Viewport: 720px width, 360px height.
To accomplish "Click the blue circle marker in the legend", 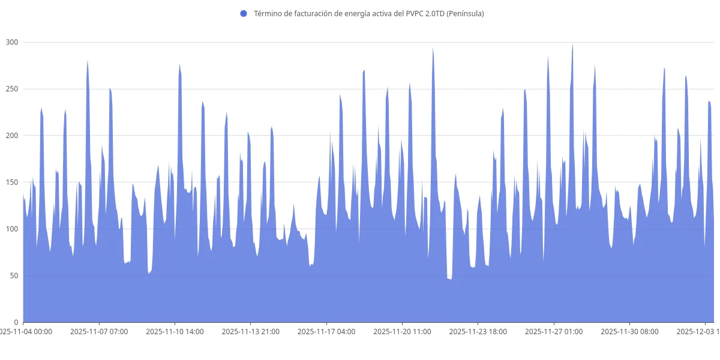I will (243, 13).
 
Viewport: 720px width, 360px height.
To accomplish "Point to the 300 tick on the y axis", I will (12, 42).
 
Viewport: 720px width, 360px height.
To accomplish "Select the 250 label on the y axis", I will (12, 89).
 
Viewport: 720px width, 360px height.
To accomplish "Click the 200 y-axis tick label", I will (12, 136).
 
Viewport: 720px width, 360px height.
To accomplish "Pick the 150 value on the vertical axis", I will (12, 182).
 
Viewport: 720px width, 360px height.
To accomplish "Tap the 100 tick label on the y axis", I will (12, 229).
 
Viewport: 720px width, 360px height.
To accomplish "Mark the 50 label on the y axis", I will (14, 276).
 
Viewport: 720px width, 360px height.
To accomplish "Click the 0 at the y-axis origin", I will (17, 322).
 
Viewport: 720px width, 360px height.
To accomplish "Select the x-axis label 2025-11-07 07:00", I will (99, 331).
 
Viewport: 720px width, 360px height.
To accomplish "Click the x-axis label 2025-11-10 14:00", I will (175, 331).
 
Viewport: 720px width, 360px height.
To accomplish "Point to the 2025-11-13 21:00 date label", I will (250, 331).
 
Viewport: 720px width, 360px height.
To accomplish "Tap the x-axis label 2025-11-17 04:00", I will (326, 331).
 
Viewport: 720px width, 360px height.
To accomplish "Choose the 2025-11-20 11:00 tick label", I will (402, 331).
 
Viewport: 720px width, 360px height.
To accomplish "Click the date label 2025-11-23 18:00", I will (478, 331).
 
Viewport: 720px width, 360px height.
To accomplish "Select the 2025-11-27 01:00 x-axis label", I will (553, 331).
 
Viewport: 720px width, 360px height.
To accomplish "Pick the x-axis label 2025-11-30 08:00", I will (629, 331).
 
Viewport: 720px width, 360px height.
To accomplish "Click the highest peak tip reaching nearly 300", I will (572, 44).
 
